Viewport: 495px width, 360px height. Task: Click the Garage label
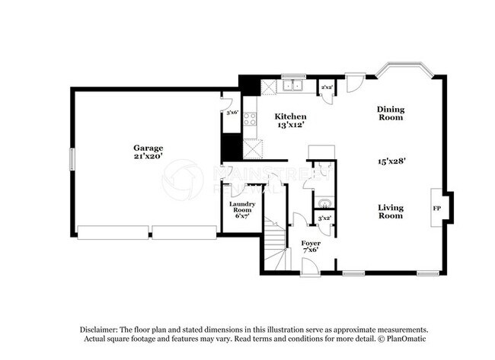[x=148, y=148]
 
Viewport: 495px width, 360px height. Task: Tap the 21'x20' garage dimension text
[x=148, y=156]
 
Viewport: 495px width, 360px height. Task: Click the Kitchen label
[x=290, y=116]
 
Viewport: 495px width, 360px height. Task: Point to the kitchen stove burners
[x=250, y=120]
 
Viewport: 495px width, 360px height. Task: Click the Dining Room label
[x=391, y=113]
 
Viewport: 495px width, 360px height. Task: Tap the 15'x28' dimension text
[x=391, y=161]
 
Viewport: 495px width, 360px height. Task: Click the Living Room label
[x=391, y=212]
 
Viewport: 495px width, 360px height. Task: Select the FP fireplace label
[x=437, y=208]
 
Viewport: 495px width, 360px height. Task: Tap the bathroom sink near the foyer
[x=324, y=202]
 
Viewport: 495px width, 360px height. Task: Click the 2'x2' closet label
[x=326, y=88]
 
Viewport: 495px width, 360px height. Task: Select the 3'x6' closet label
[x=231, y=112]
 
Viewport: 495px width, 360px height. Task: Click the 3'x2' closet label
[x=324, y=219]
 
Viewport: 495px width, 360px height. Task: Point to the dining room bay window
[x=404, y=70]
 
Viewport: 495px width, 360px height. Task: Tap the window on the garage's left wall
[x=72, y=159]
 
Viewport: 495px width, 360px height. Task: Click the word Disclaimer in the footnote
[x=101, y=329]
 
